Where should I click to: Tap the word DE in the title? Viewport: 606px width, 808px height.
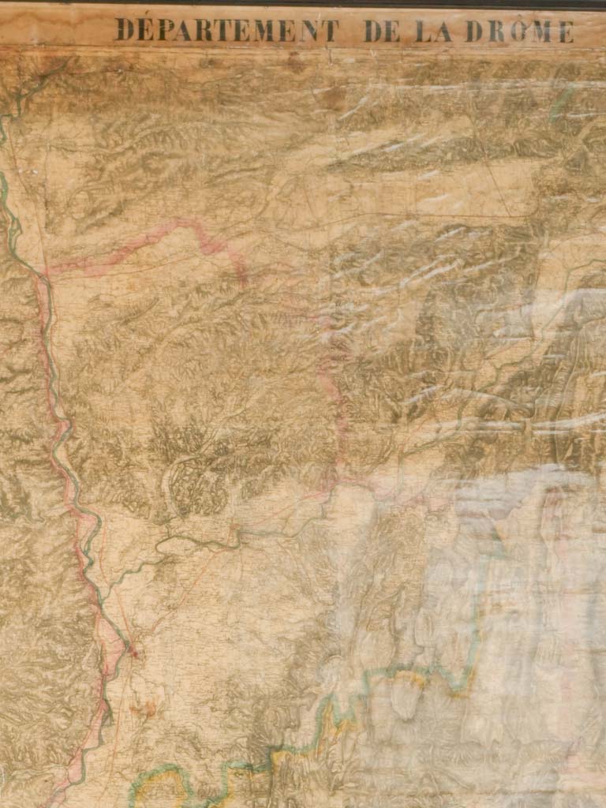380,31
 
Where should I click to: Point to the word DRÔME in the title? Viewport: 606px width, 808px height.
518,31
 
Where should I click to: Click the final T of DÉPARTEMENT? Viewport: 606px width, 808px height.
331,31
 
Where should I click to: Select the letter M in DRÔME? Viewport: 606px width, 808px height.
542,32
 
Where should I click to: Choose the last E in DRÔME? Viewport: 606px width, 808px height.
566,32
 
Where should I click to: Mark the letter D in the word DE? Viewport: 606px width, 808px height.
371,31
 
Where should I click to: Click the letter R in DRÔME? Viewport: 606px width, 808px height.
494,31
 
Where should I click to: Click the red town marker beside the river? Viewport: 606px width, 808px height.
133,652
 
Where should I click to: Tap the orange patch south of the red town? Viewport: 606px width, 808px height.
144,708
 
